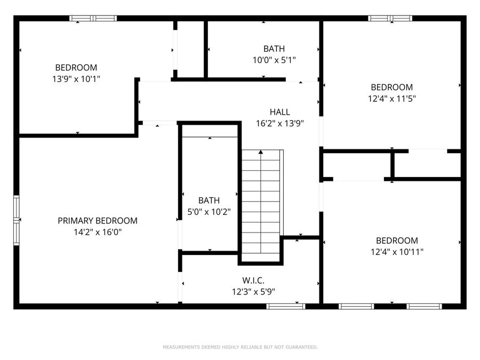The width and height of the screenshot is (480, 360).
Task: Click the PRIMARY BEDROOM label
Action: [x=97, y=220]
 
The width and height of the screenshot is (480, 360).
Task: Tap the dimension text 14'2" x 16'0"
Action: [x=97, y=232]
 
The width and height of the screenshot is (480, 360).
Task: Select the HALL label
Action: [x=279, y=112]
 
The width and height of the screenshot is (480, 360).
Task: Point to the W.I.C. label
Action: [x=253, y=280]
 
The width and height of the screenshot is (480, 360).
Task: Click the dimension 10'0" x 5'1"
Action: [x=274, y=60]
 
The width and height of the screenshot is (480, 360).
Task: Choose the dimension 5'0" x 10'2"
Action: [x=209, y=212]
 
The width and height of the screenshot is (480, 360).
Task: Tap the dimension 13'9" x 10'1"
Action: [x=76, y=79]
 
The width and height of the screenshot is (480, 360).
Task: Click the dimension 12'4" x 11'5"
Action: [x=392, y=99]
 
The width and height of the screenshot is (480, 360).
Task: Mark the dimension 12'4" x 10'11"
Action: [x=397, y=252]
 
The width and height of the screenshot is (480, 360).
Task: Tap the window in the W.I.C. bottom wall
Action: [x=286, y=306]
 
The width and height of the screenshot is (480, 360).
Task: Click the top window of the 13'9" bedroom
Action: [x=93, y=18]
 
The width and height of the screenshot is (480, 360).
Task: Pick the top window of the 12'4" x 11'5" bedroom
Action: [x=390, y=18]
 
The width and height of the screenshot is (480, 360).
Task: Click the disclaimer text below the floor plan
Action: [x=240, y=347]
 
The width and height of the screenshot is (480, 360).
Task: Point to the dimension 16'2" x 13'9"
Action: [x=279, y=124]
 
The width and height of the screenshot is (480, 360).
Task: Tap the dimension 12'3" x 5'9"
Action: [x=253, y=292]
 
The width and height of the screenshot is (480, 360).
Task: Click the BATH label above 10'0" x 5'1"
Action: [x=274, y=49]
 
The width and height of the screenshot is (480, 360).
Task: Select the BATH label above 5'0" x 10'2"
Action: [x=209, y=201]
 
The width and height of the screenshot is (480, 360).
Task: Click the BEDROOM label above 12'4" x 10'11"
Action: [x=397, y=241]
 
